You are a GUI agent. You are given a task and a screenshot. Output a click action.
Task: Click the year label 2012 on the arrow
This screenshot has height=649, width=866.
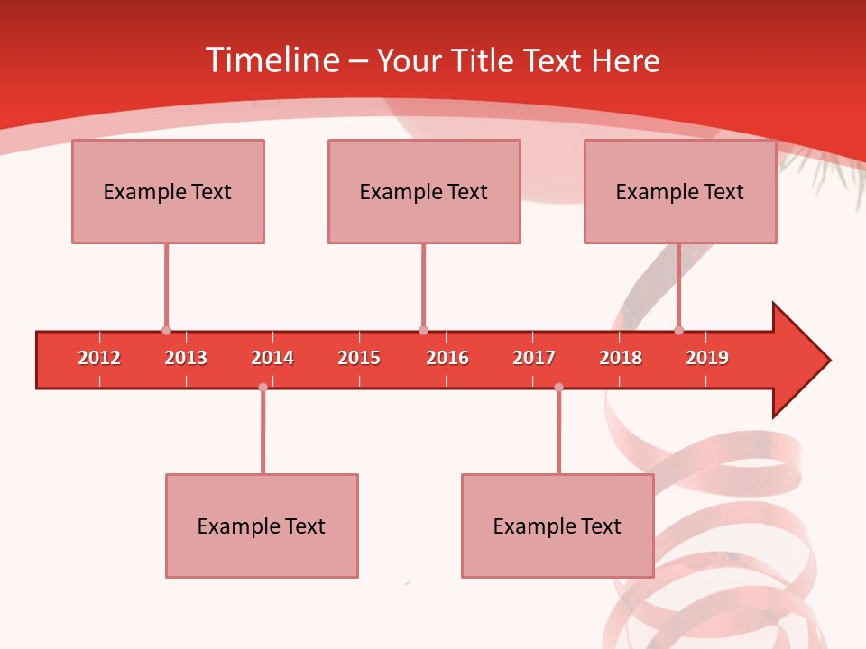click(99, 358)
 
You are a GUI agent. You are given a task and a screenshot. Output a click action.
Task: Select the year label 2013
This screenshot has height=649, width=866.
click(186, 358)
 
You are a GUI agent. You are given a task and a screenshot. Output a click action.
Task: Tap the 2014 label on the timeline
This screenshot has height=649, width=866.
click(272, 358)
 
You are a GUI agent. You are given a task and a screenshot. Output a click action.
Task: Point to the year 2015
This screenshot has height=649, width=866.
click(359, 358)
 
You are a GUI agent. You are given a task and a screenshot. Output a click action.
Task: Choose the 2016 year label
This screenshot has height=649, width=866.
click(447, 358)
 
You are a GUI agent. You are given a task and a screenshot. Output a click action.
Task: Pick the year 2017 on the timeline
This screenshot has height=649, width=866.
click(534, 358)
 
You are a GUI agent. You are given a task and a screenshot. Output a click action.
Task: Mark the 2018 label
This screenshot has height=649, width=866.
click(621, 358)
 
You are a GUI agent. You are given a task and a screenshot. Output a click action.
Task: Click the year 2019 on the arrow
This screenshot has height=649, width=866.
click(707, 358)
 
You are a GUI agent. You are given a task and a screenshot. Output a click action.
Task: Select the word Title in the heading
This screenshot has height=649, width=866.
click(484, 60)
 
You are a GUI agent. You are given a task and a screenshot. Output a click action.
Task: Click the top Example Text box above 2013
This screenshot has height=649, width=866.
click(168, 191)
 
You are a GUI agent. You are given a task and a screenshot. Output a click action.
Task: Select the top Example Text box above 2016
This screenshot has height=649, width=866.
click(424, 191)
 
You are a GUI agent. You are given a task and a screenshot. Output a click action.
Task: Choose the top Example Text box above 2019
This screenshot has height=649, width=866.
click(680, 191)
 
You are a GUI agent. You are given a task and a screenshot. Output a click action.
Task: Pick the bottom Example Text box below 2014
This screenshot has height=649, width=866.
click(262, 526)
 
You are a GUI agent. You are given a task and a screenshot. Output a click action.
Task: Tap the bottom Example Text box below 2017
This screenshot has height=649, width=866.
click(557, 526)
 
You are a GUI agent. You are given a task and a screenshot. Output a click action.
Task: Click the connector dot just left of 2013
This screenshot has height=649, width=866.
click(166, 331)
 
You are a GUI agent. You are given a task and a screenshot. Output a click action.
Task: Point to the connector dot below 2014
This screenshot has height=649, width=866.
click(263, 387)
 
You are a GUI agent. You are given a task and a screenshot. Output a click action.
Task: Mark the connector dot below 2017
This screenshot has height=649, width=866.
click(558, 387)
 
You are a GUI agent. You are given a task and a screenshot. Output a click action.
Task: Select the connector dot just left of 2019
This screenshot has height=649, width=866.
click(678, 331)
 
